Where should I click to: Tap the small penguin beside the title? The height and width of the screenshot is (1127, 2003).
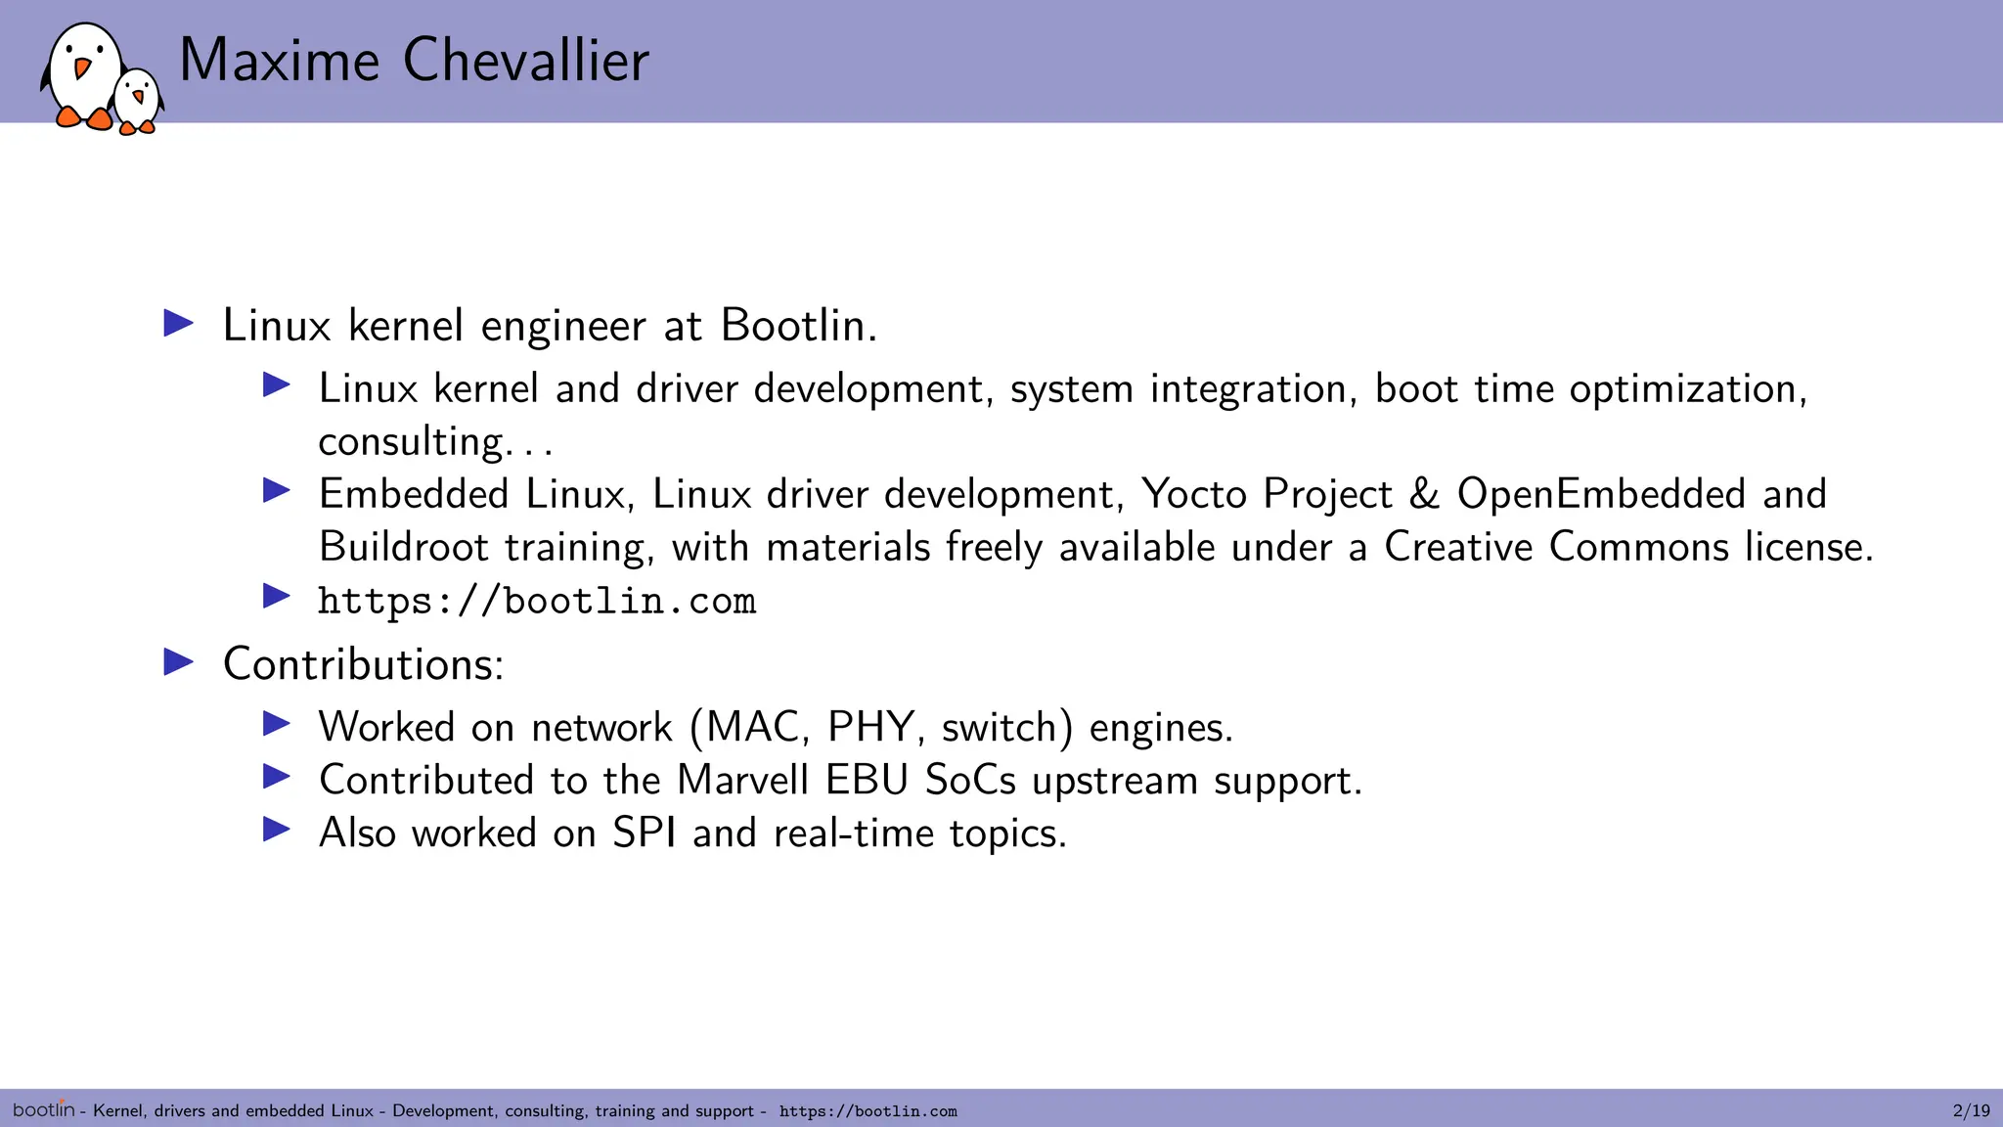137,100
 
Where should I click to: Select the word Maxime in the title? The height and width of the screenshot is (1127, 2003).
279,61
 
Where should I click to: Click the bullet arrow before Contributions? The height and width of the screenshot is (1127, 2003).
178,662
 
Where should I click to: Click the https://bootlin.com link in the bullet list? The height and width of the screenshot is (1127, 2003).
537,601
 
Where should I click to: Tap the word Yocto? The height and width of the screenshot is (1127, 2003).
1193,494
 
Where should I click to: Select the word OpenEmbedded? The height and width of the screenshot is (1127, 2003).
1601,494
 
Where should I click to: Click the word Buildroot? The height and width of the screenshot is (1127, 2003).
403,547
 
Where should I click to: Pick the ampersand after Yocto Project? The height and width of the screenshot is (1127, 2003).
1424,494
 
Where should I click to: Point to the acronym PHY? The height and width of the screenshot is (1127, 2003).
870,728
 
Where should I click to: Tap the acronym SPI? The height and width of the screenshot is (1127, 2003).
644,834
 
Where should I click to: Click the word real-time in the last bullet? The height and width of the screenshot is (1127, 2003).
853,834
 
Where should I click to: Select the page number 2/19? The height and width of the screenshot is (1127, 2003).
1971,1110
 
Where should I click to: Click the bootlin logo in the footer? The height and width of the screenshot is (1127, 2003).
43,1109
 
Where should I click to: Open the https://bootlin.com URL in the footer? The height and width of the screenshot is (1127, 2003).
868,1111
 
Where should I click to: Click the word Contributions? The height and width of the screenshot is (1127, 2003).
362,664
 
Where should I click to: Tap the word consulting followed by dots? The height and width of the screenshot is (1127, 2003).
411,442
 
